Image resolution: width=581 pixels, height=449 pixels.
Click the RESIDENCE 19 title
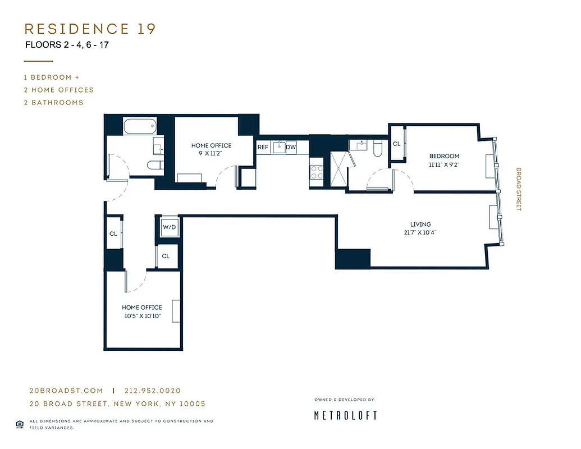click(90, 29)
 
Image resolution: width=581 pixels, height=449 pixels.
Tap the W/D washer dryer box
click(169, 228)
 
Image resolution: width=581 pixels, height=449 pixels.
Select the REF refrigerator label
click(263, 147)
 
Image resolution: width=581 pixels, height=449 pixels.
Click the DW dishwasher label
click(291, 147)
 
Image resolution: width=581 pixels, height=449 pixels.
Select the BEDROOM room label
click(444, 156)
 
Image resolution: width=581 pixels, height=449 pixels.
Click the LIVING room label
click(420, 224)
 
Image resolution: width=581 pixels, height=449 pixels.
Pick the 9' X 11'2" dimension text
click(211, 153)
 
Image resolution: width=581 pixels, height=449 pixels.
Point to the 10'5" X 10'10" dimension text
click(141, 315)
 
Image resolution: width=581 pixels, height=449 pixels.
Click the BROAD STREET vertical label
click(519, 189)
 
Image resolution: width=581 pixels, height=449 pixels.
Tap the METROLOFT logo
click(345, 415)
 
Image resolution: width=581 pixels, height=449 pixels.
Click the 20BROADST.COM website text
click(66, 391)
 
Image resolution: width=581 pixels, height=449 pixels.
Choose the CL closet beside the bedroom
click(397, 144)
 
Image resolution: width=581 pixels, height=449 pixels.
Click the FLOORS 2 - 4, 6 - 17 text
click(67, 44)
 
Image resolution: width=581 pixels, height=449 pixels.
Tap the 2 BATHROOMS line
click(53, 102)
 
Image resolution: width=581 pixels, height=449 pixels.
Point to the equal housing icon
click(20, 424)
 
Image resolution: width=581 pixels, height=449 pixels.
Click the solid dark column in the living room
click(353, 259)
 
